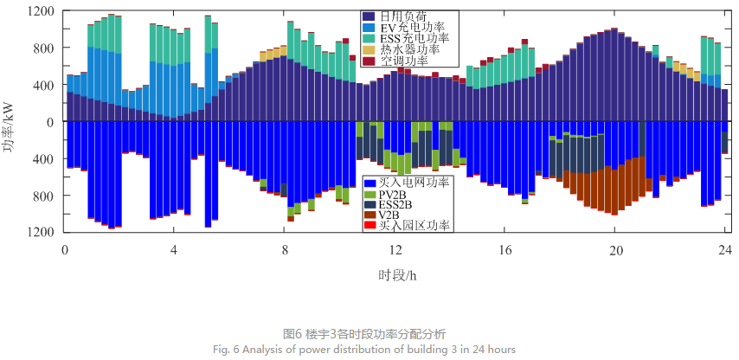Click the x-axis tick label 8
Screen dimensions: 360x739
[x=285, y=249]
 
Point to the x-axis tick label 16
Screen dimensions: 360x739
[x=505, y=249]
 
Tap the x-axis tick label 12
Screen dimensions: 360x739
[x=395, y=249]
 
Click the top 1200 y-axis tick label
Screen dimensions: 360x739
[x=41, y=12]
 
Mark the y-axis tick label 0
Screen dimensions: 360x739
[x=53, y=122]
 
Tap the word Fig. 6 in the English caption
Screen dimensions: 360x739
[x=224, y=349]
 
